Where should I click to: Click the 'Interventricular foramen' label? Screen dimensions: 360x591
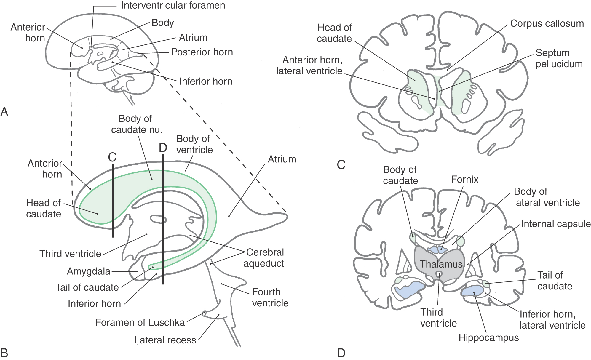(173, 5)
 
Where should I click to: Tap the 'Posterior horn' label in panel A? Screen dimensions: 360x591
(202, 52)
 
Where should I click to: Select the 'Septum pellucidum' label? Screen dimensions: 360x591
(559, 58)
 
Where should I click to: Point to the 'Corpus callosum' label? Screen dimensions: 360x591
(547, 24)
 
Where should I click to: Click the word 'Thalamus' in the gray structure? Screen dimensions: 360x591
(441, 264)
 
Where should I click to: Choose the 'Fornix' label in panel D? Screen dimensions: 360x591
(464, 179)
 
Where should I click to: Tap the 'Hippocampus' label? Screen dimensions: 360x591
(488, 337)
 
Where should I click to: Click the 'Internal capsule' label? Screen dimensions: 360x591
(555, 224)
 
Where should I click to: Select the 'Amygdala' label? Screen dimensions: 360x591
(88, 271)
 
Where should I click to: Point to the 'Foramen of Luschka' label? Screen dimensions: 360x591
(140, 322)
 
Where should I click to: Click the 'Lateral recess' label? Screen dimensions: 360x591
(165, 340)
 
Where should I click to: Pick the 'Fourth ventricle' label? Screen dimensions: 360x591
(270, 297)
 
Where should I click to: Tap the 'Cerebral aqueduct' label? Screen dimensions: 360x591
(264, 258)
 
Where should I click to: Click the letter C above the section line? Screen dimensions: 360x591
(112, 157)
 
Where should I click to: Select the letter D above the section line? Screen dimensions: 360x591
(163, 148)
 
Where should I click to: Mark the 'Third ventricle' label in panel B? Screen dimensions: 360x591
(70, 254)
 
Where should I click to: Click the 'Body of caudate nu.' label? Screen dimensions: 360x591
(137, 124)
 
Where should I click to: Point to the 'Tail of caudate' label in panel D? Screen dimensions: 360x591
(554, 281)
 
